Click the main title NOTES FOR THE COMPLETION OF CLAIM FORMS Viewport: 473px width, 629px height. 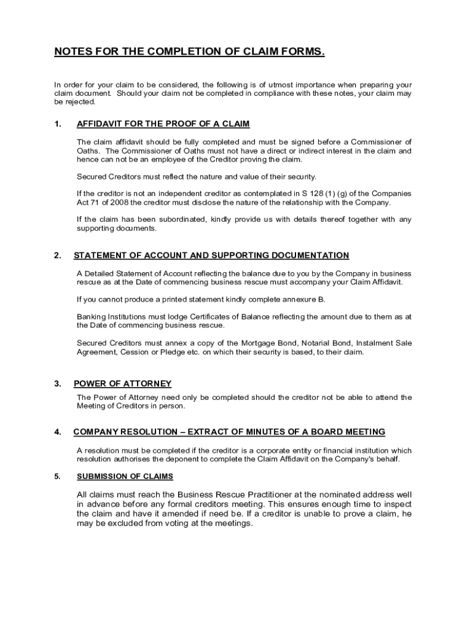[x=189, y=52]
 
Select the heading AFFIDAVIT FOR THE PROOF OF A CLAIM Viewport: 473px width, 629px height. [x=163, y=124]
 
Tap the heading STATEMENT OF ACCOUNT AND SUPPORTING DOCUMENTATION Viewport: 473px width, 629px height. [x=211, y=256]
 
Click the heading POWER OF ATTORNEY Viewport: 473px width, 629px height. [x=122, y=384]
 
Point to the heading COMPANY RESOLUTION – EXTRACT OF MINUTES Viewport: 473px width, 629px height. [x=229, y=432]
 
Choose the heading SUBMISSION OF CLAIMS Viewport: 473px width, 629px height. [x=125, y=476]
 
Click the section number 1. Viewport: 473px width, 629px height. [x=58, y=124]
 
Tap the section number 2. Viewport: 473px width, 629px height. [x=58, y=256]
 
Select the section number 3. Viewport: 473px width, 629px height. [x=58, y=384]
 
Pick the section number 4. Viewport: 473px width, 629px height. [x=58, y=432]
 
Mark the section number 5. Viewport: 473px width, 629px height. [x=58, y=476]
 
